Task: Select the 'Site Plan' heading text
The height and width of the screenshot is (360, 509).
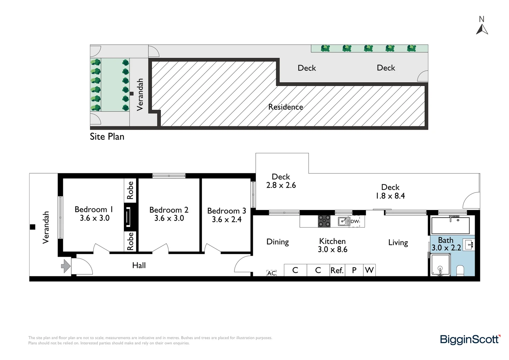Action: pyautogui.click(x=107, y=137)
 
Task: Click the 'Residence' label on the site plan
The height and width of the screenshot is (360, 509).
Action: pyautogui.click(x=285, y=107)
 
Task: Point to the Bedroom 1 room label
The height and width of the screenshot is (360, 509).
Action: pyautogui.click(x=94, y=209)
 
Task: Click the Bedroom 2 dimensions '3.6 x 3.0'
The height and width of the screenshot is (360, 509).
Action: pyautogui.click(x=169, y=218)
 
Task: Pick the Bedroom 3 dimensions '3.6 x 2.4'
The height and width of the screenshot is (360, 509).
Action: pyautogui.click(x=227, y=219)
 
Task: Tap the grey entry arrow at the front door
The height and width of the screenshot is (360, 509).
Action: pyautogui.click(x=66, y=266)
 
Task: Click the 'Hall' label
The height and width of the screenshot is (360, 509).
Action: pyautogui.click(x=139, y=265)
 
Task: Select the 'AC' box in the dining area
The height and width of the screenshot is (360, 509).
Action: pyautogui.click(x=271, y=273)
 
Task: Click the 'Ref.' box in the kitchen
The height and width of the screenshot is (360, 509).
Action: pyautogui.click(x=337, y=270)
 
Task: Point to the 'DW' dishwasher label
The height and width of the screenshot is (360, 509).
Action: pyautogui.click(x=355, y=221)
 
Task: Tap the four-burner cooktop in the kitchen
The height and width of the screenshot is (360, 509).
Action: pyautogui.click(x=324, y=221)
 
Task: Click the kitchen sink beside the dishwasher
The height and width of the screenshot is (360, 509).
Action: pyautogui.click(x=344, y=221)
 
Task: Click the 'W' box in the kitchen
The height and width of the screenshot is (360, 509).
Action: pyautogui.click(x=369, y=270)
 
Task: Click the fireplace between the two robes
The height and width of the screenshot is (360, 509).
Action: pyautogui.click(x=128, y=217)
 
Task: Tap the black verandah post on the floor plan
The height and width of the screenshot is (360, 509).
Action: pyautogui.click(x=33, y=227)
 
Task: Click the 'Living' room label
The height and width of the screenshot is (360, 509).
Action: pyautogui.click(x=398, y=243)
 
